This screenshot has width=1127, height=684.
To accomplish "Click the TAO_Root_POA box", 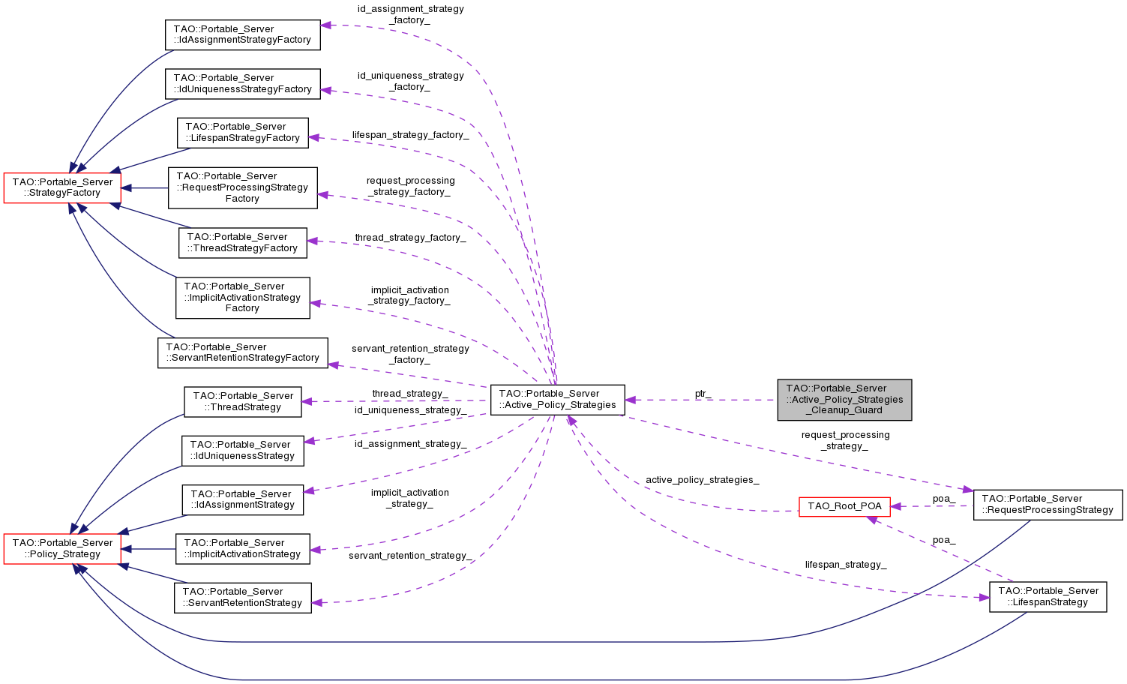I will (844, 506).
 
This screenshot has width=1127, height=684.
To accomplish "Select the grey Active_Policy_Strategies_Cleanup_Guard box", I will (844, 399).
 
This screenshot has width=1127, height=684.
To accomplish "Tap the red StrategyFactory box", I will (62, 187).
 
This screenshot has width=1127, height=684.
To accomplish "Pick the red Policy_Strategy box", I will (62, 548).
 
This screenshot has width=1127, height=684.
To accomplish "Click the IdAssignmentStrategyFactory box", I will (242, 34).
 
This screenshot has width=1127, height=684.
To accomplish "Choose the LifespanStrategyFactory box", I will (242, 132).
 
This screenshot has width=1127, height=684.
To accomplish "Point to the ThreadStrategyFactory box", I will (242, 242).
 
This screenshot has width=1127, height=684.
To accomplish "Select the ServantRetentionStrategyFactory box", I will (242, 352).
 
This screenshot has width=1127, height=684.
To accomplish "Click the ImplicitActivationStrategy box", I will (242, 548).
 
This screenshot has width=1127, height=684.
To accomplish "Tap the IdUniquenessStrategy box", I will (242, 450).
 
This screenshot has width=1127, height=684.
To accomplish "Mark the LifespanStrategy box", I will (1048, 596).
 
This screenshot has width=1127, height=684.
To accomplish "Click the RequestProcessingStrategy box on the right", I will (1048, 504).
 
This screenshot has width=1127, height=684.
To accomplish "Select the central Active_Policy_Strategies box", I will (557, 399).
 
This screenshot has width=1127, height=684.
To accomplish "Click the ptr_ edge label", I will (703, 394).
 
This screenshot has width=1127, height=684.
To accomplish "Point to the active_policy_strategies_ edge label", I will (702, 480).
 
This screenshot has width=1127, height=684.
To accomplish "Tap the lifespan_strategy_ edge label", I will (845, 565).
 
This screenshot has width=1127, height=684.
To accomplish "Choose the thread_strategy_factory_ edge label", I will (410, 238).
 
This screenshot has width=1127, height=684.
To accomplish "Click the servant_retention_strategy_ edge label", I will (410, 556).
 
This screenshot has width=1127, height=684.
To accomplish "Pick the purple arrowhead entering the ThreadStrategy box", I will (307, 401).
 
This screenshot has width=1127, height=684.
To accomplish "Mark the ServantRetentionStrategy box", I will (242, 597).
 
